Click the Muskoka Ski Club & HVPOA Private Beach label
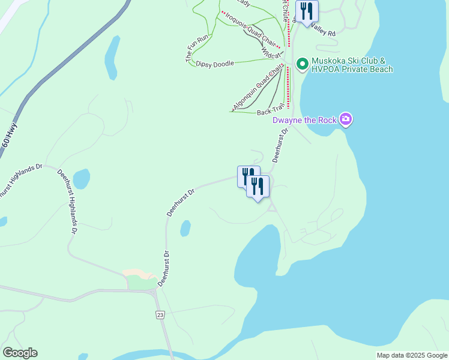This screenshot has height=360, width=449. (x=352, y=65)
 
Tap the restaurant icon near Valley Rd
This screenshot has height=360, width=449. (x=307, y=11)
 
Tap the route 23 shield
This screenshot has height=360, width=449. (x=159, y=315)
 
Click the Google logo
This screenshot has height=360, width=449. (x=20, y=353)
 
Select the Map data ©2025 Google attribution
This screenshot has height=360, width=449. (x=412, y=355)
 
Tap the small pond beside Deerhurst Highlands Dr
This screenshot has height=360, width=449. (x=81, y=178)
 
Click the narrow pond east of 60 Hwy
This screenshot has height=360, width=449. (x=112, y=57)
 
